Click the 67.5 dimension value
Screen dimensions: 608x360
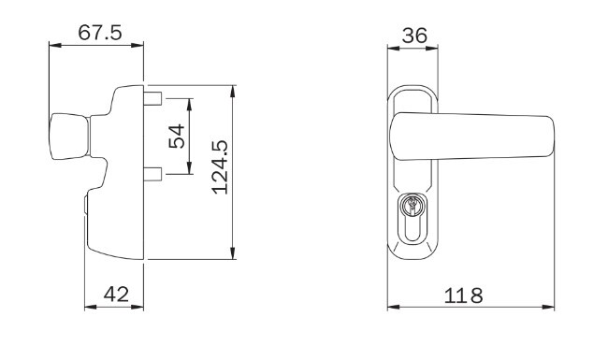[100, 33]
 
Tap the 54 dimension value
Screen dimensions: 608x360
[177, 136]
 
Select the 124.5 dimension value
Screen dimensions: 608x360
[220, 167]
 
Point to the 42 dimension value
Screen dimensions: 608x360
[116, 295]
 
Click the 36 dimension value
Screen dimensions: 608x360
[414, 36]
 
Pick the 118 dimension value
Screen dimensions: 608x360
[463, 295]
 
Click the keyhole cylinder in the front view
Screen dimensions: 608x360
[412, 219]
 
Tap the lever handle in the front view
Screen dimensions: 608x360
[472, 137]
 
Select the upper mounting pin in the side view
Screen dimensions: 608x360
[152, 98]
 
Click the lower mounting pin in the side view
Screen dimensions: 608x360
[152, 174]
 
